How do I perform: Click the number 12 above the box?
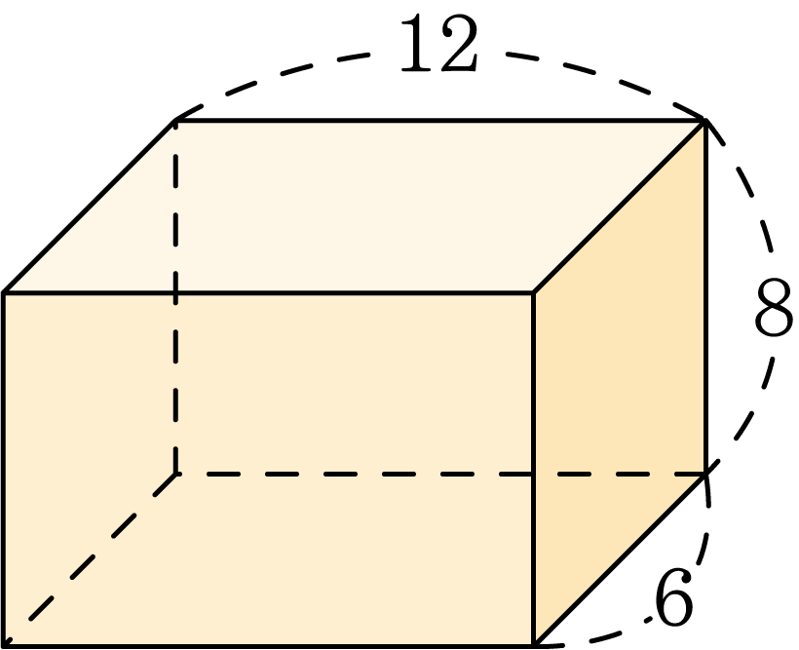click(439, 43)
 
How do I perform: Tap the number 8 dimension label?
click(774, 307)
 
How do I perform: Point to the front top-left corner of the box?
click(4, 292)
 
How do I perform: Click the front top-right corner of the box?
click(534, 292)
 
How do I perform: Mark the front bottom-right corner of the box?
click(534, 646)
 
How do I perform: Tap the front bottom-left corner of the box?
click(4, 646)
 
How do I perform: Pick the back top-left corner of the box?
click(175, 120)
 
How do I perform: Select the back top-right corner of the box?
click(705, 120)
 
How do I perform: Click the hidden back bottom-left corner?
click(175, 475)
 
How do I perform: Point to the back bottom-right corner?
click(705, 475)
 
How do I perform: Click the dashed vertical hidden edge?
click(175, 297)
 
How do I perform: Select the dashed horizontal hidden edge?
click(440, 475)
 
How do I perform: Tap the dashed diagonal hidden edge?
click(90, 559)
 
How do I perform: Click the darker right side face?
click(620, 382)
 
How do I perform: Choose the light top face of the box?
click(355, 207)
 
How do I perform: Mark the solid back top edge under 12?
click(440, 120)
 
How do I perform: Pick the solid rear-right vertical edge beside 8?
click(705, 297)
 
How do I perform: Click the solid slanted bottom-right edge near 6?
click(620, 559)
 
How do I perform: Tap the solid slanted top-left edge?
click(90, 207)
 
